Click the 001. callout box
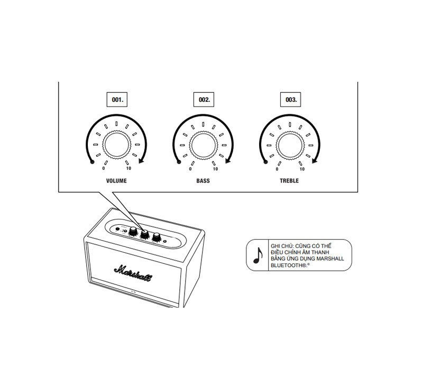[116, 99]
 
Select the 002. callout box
[204, 99]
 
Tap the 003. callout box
[291, 99]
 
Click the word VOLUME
[116, 180]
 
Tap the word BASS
[203, 180]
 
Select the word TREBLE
[289, 180]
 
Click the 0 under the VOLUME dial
[104, 169]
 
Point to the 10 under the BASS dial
[215, 169]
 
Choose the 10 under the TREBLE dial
[302, 169]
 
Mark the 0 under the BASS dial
[190, 169]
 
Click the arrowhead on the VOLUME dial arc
[141, 163]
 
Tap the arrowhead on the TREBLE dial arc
[315, 163]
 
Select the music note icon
[258, 255]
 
